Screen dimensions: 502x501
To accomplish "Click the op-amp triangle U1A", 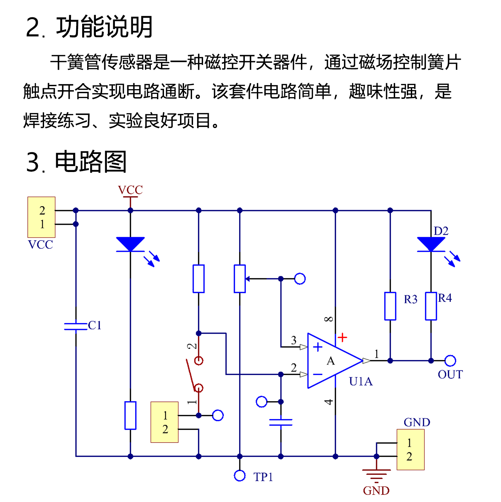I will [x=331, y=361].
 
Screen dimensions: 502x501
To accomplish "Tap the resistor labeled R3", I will [x=390, y=306].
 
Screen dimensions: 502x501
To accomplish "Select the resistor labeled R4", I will [x=431, y=306].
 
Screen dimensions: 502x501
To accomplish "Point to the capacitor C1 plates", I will [x=76, y=326].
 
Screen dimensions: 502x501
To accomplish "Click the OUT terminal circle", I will [x=450, y=361].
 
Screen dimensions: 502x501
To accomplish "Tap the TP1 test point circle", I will [x=239, y=476].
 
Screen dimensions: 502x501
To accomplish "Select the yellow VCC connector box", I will [x=41, y=217].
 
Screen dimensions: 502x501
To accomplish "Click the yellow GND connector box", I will [x=410, y=450].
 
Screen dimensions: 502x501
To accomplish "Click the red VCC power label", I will [x=130, y=190].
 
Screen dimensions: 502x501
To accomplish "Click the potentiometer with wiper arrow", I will [x=240, y=279].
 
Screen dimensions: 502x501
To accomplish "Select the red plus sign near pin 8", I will [x=342, y=337].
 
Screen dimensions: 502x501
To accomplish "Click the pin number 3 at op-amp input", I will [x=294, y=340].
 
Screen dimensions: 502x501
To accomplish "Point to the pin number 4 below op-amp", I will [x=329, y=402].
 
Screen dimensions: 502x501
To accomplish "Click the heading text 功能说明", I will [x=104, y=27].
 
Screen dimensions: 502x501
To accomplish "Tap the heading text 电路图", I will [x=91, y=162].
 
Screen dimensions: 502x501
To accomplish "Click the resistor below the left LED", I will [x=130, y=415].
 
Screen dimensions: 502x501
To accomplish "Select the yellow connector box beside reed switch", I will [x=164, y=422].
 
